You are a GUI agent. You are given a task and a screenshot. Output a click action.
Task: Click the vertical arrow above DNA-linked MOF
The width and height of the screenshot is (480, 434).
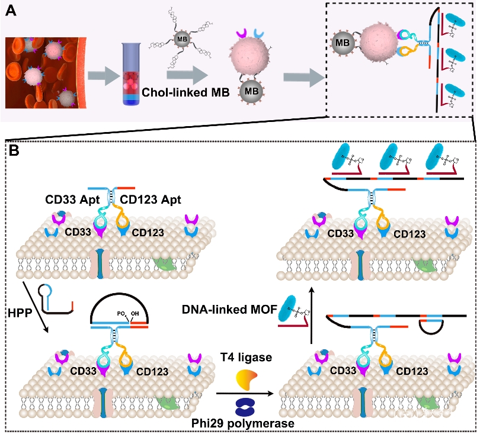[x=312, y=314]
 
